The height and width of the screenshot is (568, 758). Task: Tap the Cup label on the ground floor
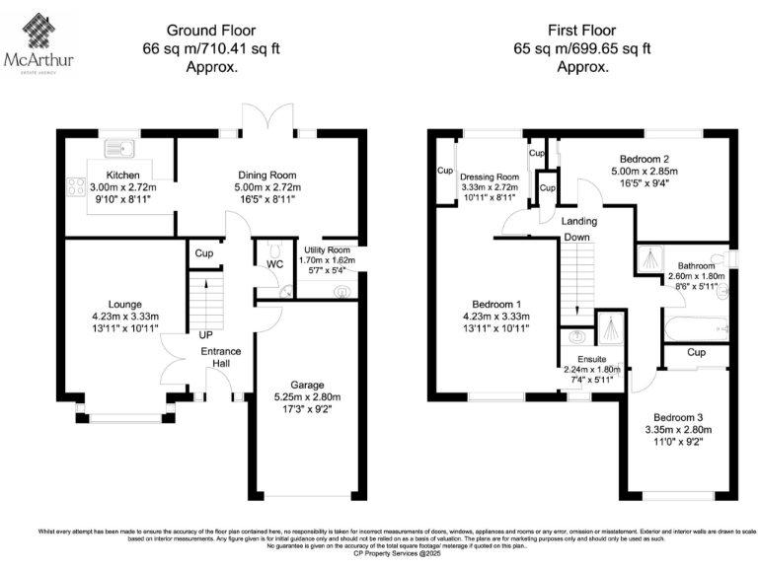point(204,253)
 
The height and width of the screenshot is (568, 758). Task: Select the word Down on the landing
point(577,238)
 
